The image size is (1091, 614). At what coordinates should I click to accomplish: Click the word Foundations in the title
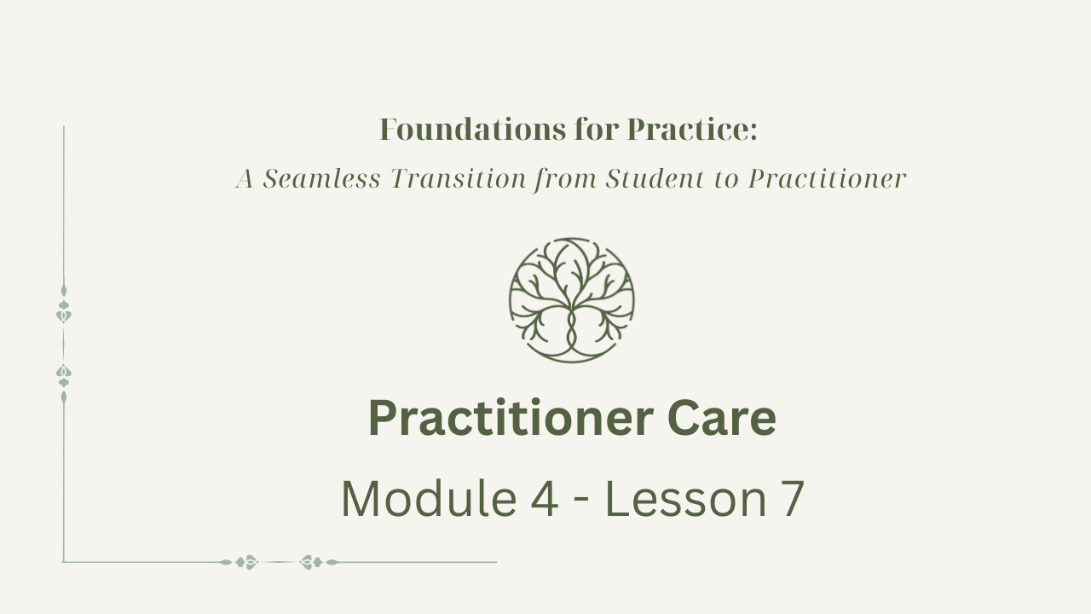point(472,130)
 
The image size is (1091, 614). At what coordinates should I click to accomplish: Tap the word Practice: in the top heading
point(692,130)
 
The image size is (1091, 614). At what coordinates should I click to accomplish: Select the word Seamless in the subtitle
point(321,178)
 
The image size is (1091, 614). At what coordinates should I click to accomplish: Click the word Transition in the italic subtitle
point(459,178)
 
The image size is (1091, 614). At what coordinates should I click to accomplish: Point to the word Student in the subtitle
point(655,178)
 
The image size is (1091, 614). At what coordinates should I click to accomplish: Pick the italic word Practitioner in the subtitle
point(827,178)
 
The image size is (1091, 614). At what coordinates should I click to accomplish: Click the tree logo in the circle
point(572,300)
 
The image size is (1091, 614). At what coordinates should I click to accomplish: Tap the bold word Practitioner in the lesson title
point(511,419)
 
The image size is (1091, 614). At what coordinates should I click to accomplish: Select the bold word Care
point(722,419)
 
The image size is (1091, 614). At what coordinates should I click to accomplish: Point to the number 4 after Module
point(544,499)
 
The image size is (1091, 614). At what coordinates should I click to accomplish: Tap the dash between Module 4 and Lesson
point(582,502)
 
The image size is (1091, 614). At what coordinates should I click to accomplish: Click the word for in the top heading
point(597,130)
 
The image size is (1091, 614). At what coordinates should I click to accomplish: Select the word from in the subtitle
point(565,179)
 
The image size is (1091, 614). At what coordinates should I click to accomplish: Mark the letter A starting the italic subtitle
point(245,178)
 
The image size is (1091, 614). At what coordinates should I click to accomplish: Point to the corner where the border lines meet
point(63,562)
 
